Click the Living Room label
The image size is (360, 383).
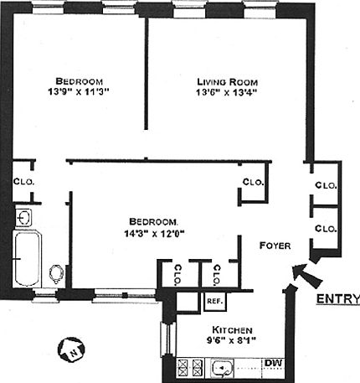pyautogui.click(x=228, y=81)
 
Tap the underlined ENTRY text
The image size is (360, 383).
pyautogui.click(x=337, y=300)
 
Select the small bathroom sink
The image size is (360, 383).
pyautogui.click(x=25, y=218)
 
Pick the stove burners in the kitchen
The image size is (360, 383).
pyautogui.click(x=189, y=366)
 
